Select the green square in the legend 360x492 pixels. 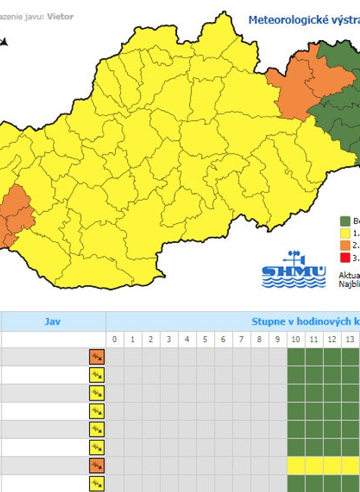(345, 221)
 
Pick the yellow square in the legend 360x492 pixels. (345, 233)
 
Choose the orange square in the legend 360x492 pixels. (345, 245)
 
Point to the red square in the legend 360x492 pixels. (345, 257)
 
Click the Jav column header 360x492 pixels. (52, 321)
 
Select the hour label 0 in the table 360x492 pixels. (114, 340)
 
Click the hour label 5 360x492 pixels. (205, 340)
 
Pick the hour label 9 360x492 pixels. (278, 340)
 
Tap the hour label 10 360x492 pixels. (296, 340)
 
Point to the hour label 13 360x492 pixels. (350, 340)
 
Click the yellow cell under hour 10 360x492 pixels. (296, 465)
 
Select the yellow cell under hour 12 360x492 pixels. (332, 465)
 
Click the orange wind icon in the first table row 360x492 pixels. (97, 357)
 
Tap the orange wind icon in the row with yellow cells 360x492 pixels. (97, 466)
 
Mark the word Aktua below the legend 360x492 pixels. (349, 275)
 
